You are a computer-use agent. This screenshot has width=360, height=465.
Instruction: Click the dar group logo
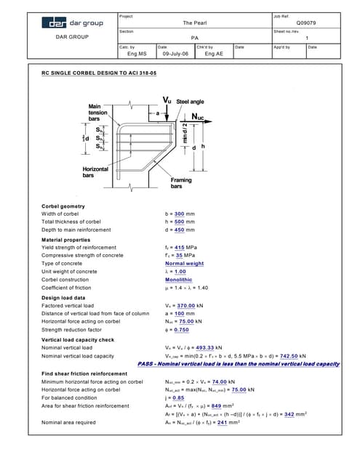click(x=72, y=23)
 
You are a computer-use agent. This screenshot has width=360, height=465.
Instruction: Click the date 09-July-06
click(x=175, y=54)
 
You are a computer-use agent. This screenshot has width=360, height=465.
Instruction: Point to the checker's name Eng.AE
click(x=213, y=54)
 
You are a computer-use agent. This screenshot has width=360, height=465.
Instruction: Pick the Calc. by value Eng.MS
click(x=137, y=54)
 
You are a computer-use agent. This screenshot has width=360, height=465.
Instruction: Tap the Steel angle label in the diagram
click(x=194, y=101)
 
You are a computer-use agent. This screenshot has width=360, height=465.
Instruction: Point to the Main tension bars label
click(x=98, y=113)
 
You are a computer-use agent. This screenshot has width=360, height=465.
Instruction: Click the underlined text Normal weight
click(x=184, y=264)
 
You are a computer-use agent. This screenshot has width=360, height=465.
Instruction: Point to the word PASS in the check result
click(x=145, y=364)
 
